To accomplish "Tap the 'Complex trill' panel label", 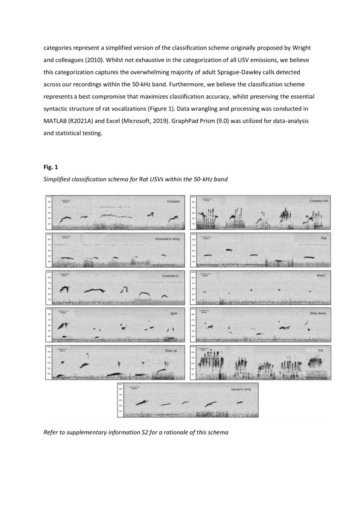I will pos(319,201).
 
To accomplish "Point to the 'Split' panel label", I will pos(173,313).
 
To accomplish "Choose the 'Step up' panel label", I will pos(171,351).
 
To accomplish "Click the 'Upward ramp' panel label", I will pos(244,388).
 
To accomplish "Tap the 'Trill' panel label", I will pos(320,351).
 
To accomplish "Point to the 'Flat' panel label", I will pos(323,239).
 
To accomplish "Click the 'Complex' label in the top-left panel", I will pos(173,201).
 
